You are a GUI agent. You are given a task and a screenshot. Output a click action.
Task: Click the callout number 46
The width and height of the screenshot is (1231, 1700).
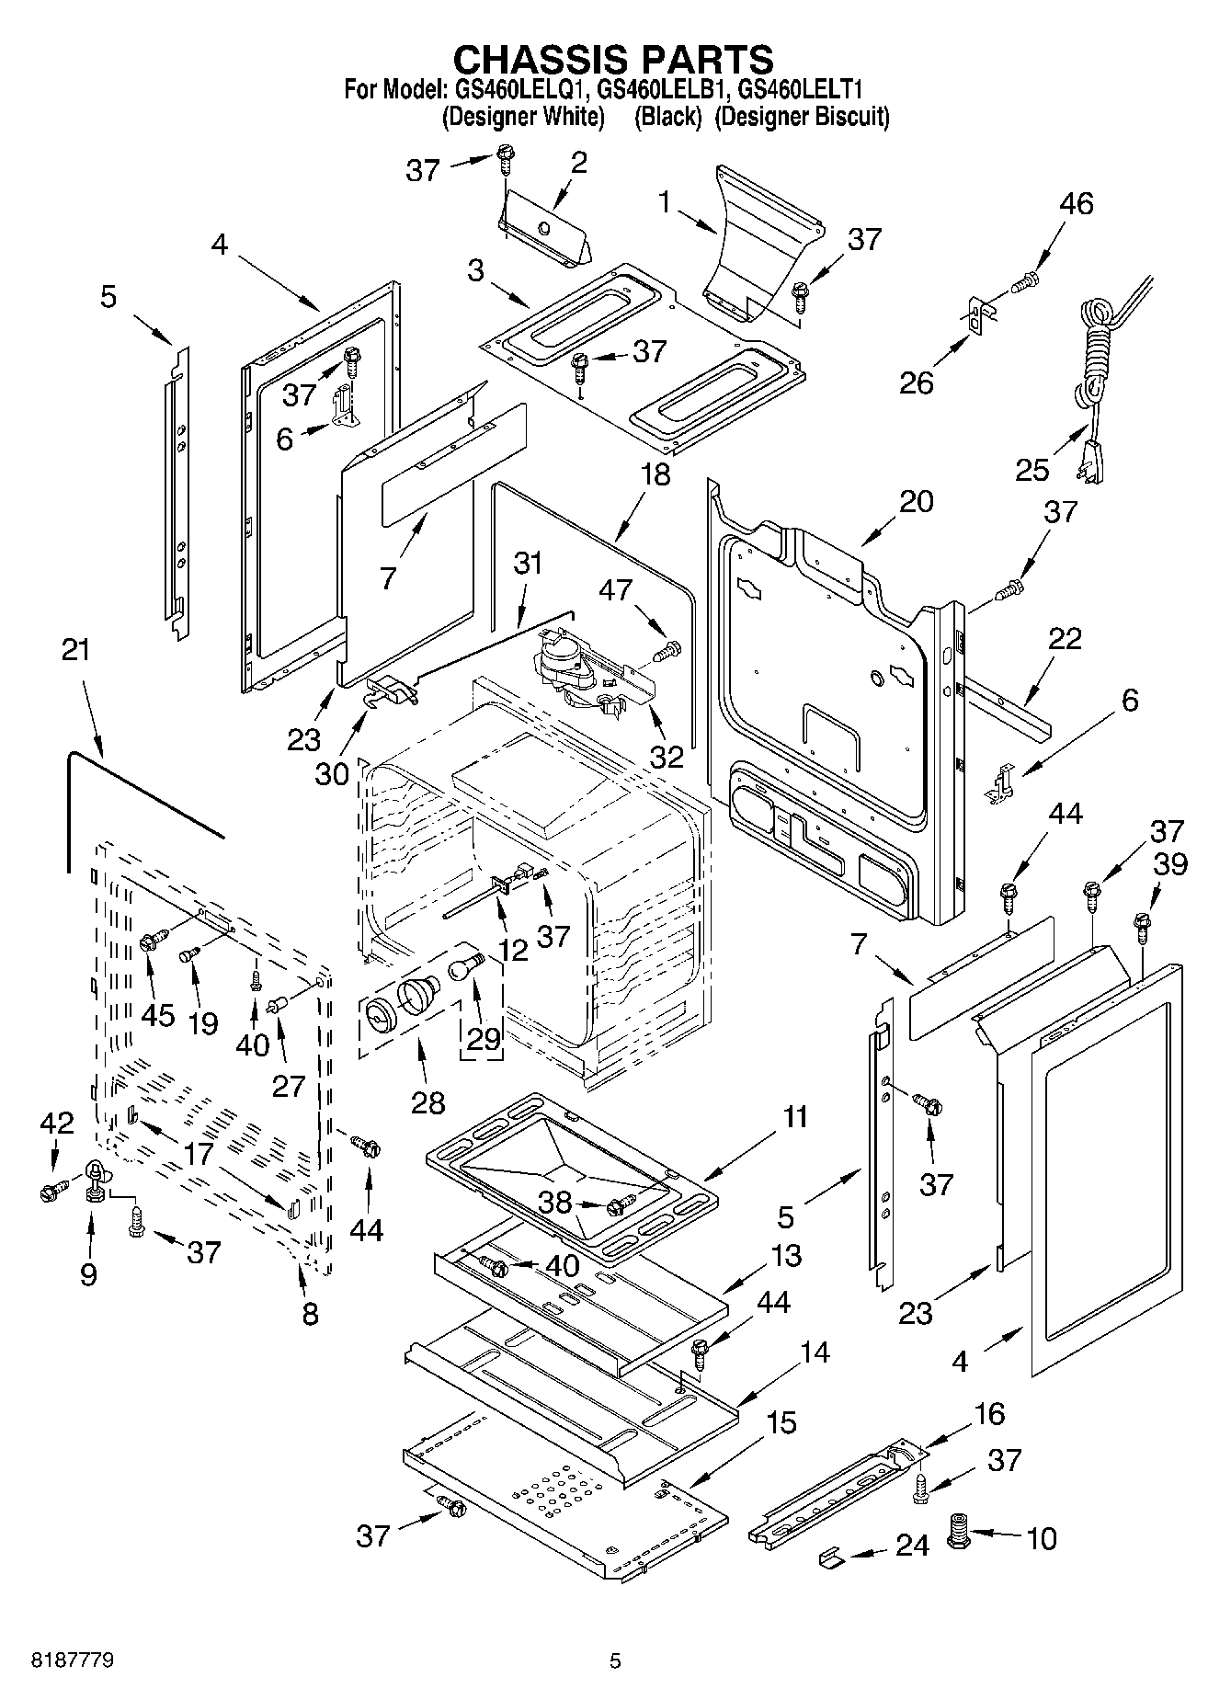pyautogui.click(x=1077, y=203)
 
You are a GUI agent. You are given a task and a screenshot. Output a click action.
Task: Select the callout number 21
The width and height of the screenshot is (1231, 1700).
pyautogui.click(x=76, y=649)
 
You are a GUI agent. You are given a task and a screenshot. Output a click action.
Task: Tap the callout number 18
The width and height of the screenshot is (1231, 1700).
pyautogui.click(x=655, y=474)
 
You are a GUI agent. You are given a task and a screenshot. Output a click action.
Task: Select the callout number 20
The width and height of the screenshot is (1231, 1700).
pyautogui.click(x=916, y=501)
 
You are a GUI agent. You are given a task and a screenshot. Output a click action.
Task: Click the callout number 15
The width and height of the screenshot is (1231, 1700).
pyautogui.click(x=781, y=1422)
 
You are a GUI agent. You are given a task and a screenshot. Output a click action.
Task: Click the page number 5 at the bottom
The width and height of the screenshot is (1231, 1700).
pyautogui.click(x=615, y=1660)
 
